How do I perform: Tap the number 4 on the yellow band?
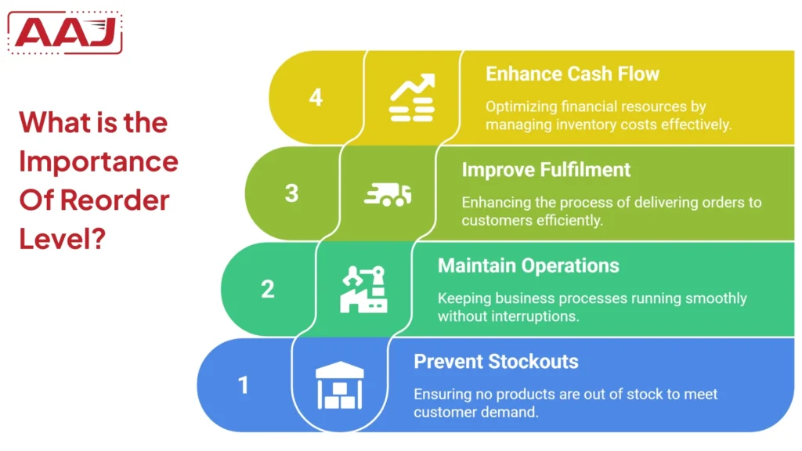316,98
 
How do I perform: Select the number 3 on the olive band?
291,193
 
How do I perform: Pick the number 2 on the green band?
268,289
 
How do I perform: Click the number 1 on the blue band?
244,385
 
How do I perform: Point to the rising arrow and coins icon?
412,98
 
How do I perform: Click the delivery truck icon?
388,193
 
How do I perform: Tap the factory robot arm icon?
363,289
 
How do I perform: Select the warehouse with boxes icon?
339,385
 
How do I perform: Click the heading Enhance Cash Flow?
573,74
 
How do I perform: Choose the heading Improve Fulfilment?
546,170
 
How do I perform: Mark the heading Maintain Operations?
528,265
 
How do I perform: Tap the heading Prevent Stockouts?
496,362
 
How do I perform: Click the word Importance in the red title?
99,162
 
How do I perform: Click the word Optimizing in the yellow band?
520,107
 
